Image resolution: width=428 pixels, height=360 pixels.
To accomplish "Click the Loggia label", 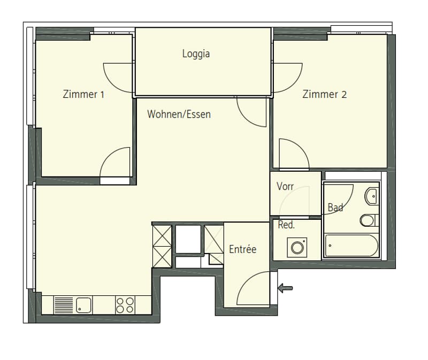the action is pyautogui.click(x=196, y=54).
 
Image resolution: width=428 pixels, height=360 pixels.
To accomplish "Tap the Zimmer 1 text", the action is pyautogui.click(x=83, y=94).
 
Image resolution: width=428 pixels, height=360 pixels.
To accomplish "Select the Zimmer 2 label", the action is pyautogui.click(x=325, y=94).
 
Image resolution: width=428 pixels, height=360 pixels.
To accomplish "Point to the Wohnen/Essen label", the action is pyautogui.click(x=179, y=114).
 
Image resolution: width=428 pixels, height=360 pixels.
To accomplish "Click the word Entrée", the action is pyautogui.click(x=243, y=249).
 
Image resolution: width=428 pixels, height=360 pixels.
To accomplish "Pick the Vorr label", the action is pyautogui.click(x=285, y=186).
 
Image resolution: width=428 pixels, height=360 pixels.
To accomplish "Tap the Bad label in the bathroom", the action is pyautogui.click(x=335, y=208).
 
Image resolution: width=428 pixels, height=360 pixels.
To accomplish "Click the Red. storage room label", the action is pyautogui.click(x=286, y=225).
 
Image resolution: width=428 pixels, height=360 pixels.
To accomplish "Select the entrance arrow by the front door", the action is pyautogui.click(x=285, y=288).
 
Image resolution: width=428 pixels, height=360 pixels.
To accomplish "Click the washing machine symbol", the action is pyautogui.click(x=297, y=248).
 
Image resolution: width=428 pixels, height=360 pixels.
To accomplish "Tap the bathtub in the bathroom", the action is pyautogui.click(x=351, y=246).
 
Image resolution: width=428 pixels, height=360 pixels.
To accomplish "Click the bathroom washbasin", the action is pyautogui.click(x=371, y=196).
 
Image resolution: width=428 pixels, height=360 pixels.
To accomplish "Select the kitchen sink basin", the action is pyautogui.click(x=83, y=305).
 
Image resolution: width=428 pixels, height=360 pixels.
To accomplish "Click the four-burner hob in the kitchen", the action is pyautogui.click(x=125, y=305).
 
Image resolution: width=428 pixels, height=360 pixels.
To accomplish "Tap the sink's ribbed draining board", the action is pyautogui.click(x=64, y=305).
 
